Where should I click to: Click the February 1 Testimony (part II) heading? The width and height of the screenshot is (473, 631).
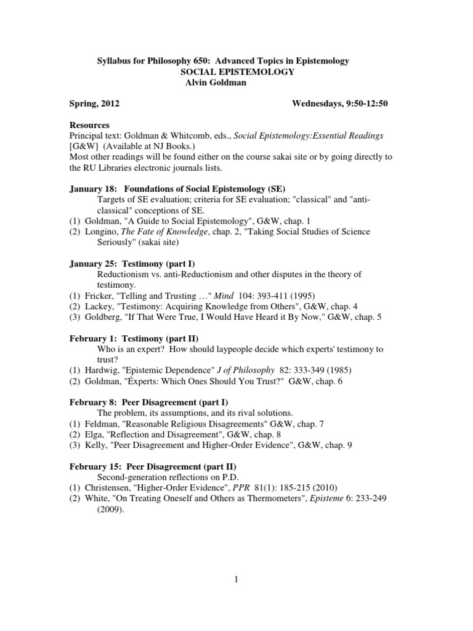(134, 338)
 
